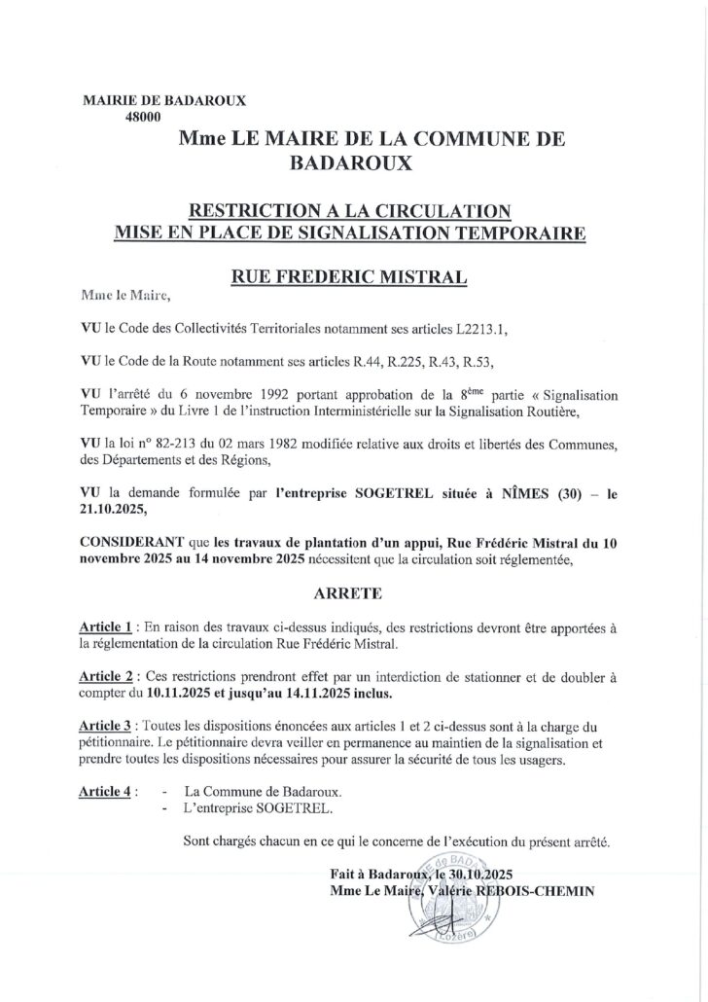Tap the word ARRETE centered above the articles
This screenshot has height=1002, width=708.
(353, 590)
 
